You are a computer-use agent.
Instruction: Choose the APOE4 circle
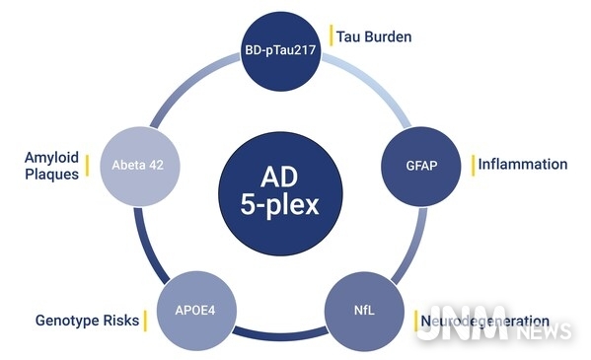point(199,309)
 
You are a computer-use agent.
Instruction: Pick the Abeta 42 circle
point(139,166)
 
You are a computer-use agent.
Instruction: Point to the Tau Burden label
point(374,36)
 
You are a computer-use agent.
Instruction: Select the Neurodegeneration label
point(483,321)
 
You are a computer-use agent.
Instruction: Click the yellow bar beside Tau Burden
point(331,36)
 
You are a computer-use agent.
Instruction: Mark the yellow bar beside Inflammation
point(473,164)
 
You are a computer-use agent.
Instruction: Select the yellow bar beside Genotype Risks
point(144,321)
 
